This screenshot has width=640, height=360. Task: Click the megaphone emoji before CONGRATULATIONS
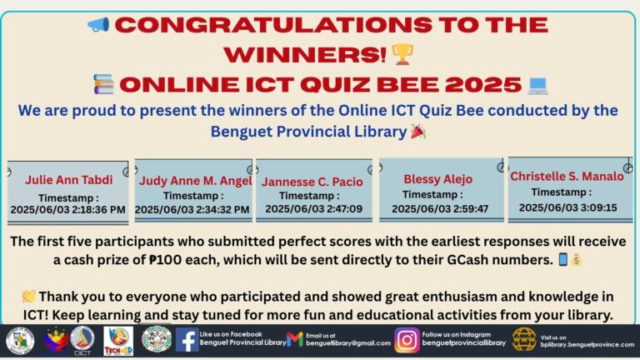(x=98, y=23)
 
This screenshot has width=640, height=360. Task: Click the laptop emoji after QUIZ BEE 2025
(x=537, y=84)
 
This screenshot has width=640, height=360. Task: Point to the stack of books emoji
(x=103, y=84)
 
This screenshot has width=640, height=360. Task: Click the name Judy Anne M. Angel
(x=193, y=179)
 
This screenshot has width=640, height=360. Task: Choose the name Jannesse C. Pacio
(x=312, y=181)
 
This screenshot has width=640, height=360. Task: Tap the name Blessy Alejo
(x=437, y=179)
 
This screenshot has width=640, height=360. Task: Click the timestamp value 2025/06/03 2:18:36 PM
(x=67, y=210)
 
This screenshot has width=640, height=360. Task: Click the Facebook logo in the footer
(x=187, y=340)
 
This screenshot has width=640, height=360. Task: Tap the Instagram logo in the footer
(x=407, y=340)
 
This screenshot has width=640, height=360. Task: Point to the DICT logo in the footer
(x=82, y=340)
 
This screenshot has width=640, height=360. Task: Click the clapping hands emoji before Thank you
(x=29, y=297)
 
